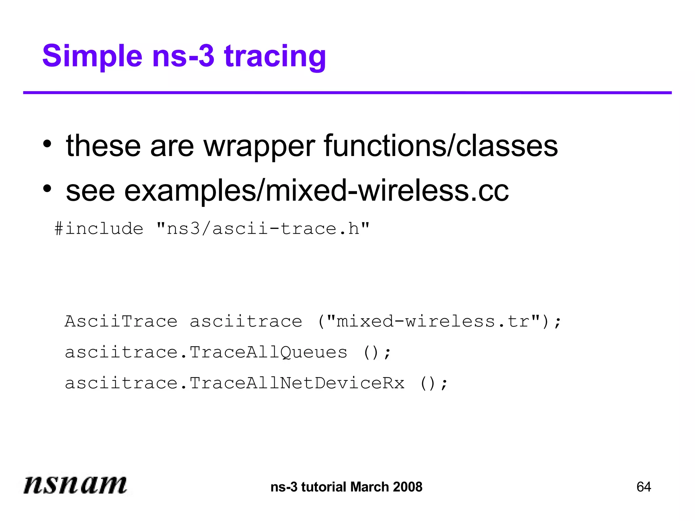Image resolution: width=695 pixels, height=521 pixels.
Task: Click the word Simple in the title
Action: click(x=92, y=56)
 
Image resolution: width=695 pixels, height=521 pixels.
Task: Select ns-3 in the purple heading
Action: click(x=183, y=56)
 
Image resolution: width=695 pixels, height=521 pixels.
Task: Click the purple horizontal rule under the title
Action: click(x=347, y=93)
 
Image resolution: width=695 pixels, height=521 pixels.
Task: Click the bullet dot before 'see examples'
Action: click(x=47, y=189)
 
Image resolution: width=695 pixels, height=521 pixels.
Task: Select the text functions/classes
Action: click(x=441, y=146)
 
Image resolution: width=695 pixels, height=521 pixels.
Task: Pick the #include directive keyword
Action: click(x=99, y=228)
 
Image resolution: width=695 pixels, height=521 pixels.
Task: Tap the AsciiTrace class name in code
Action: click(x=121, y=321)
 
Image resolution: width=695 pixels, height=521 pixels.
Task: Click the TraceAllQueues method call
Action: click(x=268, y=352)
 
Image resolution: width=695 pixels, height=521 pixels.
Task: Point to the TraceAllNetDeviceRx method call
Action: click(x=297, y=383)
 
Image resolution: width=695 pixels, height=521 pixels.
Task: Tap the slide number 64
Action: click(x=643, y=487)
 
